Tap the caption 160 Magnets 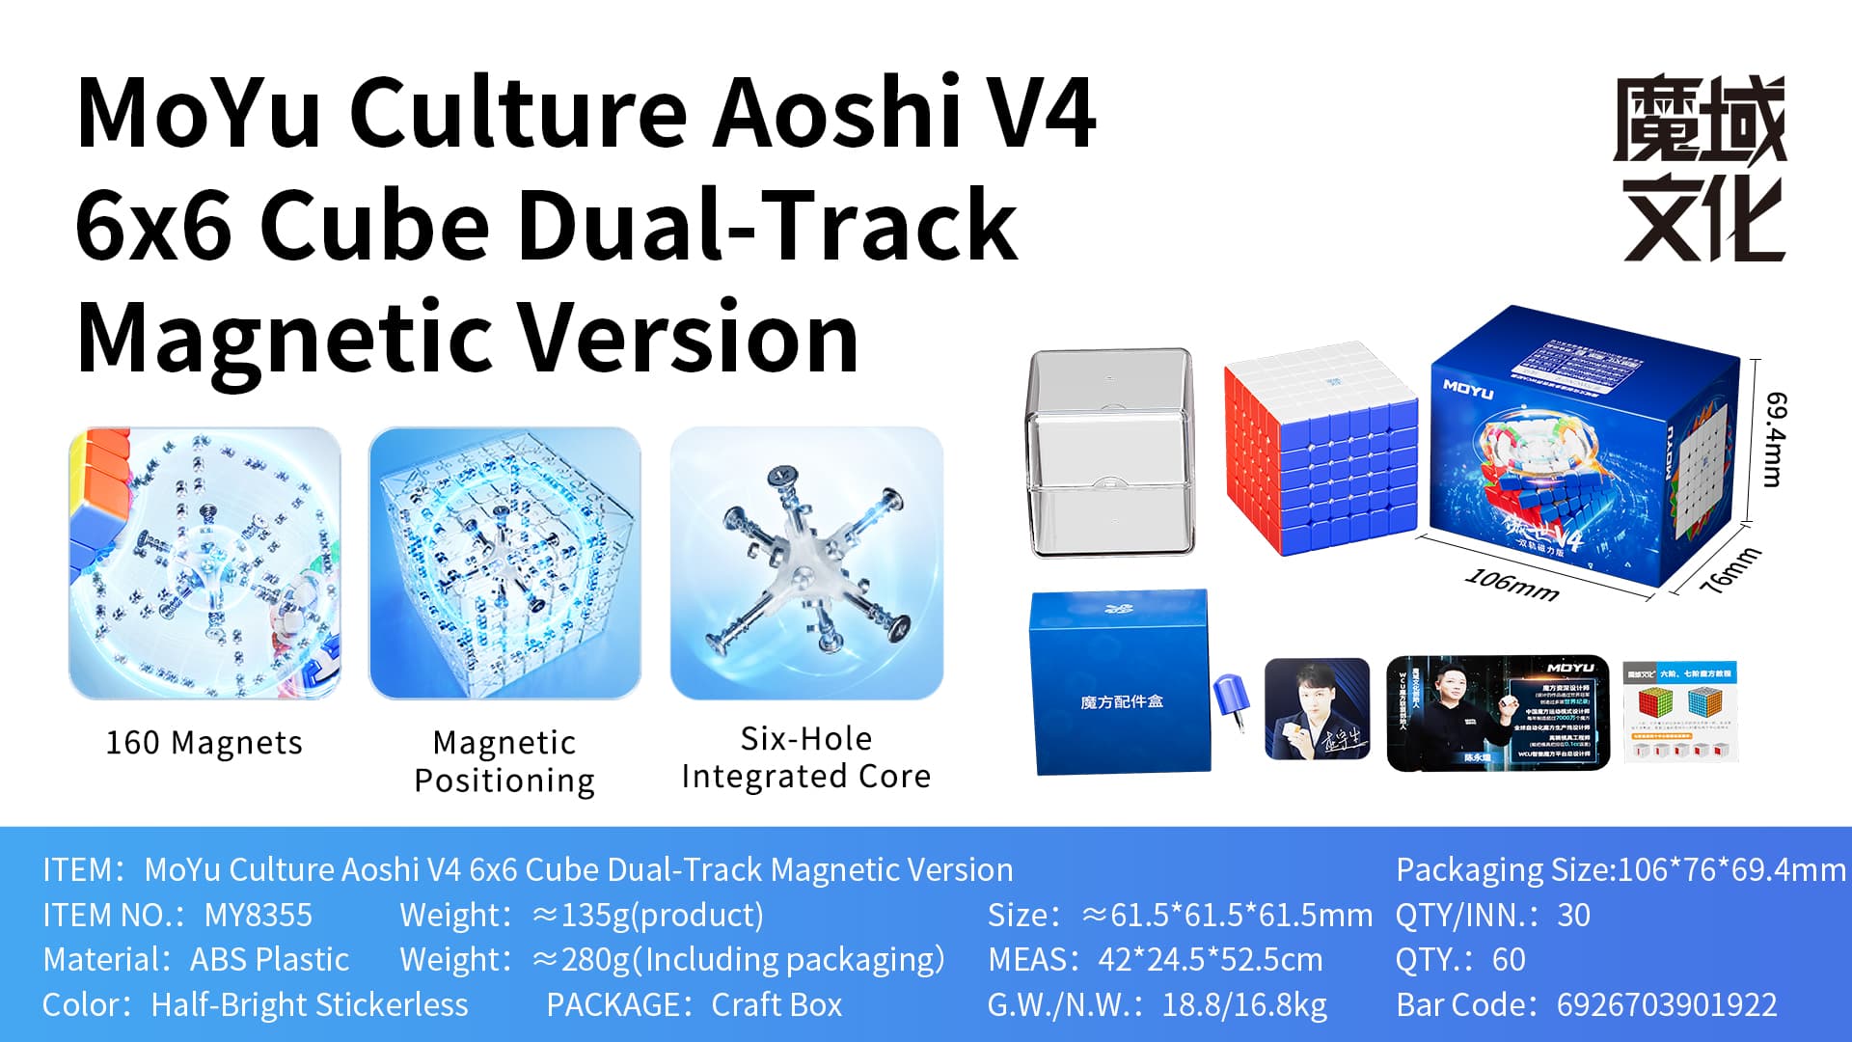point(204,743)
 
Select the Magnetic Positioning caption point(504,761)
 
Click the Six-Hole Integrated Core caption point(806,757)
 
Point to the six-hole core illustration point(806,563)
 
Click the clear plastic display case point(1110,453)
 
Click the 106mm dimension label point(1512,585)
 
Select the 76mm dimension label point(1729,570)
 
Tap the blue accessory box point(1121,683)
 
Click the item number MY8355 point(258,915)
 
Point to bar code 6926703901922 point(1666,1004)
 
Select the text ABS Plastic point(269,960)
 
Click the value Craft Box point(776,1004)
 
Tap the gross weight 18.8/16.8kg point(1244,1004)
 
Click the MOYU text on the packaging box point(1467,390)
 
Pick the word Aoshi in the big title point(836,113)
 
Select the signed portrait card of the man point(1317,710)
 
